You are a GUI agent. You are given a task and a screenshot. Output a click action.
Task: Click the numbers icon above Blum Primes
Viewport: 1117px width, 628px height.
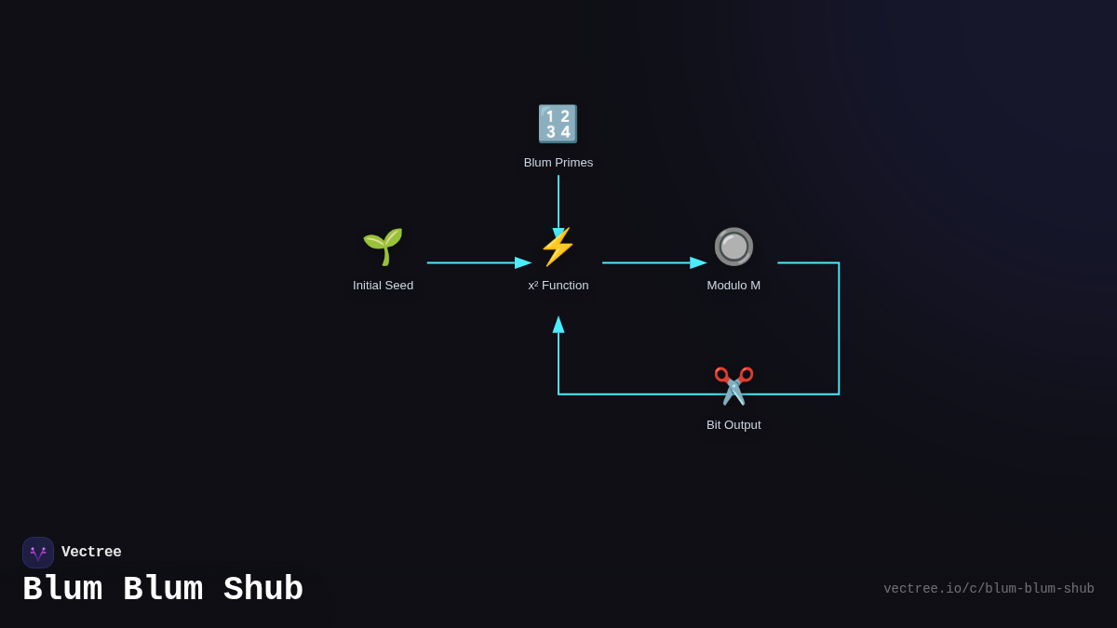(x=558, y=124)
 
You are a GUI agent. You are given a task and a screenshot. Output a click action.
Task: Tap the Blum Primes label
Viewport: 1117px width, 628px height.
(x=558, y=163)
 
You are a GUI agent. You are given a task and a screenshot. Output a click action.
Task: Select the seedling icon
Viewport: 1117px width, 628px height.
(x=383, y=247)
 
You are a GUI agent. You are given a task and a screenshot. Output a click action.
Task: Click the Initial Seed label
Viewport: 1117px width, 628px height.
(x=383, y=286)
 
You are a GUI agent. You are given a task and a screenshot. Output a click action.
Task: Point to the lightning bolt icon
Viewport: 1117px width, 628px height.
(x=558, y=247)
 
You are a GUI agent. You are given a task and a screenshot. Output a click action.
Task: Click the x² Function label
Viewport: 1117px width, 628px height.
(x=558, y=286)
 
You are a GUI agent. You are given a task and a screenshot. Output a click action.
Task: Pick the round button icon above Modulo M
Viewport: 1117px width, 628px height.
(x=733, y=247)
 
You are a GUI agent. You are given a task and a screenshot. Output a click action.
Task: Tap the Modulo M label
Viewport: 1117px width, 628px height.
(x=733, y=286)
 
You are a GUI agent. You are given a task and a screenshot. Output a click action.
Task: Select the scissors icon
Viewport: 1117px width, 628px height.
(x=733, y=385)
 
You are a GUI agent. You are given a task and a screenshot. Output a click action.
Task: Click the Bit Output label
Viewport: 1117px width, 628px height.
(x=733, y=425)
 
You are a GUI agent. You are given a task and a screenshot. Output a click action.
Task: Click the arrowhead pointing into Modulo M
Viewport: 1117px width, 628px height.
(x=698, y=263)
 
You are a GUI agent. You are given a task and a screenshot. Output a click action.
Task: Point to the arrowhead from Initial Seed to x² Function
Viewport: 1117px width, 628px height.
(x=523, y=263)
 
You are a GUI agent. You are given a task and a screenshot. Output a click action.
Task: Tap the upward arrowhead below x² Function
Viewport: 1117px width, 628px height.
(x=558, y=325)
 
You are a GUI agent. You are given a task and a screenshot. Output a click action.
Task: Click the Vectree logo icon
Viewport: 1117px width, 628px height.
(x=38, y=553)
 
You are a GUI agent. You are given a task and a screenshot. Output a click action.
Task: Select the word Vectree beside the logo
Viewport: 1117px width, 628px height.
(x=91, y=553)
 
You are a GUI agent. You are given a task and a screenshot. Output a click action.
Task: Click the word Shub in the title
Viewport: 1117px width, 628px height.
(x=263, y=590)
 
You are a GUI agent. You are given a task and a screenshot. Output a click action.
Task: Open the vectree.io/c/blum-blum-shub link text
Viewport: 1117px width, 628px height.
(x=989, y=589)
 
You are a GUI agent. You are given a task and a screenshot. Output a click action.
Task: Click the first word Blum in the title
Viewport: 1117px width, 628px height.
(x=62, y=590)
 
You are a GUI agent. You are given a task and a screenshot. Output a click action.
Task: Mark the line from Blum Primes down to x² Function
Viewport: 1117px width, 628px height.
(x=558, y=200)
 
